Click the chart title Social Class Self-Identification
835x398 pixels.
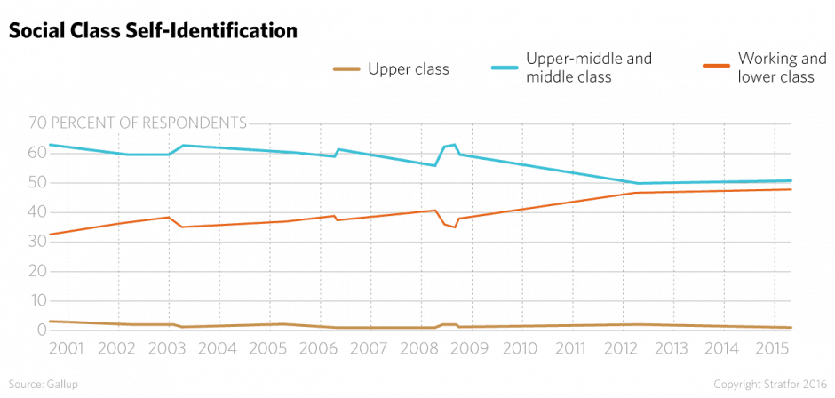point(151,30)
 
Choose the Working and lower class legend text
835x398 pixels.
point(776,68)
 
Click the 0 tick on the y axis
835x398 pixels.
point(41,330)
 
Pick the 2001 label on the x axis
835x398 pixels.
point(67,349)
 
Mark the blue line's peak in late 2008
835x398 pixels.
point(455,144)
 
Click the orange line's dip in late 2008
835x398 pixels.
point(455,227)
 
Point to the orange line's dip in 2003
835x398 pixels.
point(182,227)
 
